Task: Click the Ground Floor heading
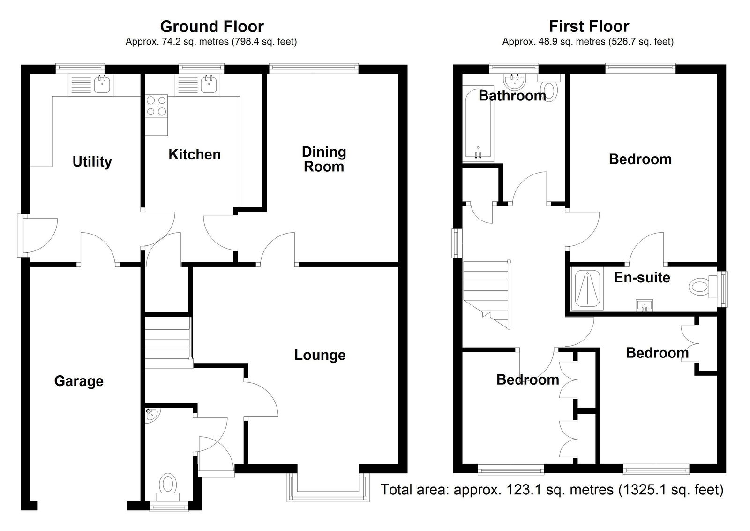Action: (x=212, y=26)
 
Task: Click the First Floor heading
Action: (x=589, y=26)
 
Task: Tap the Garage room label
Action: (x=79, y=381)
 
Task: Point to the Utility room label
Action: (x=92, y=162)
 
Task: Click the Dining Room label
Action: (x=324, y=159)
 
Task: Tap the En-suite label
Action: (x=642, y=278)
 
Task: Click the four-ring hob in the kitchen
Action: (x=157, y=106)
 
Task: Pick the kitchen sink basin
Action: (x=209, y=84)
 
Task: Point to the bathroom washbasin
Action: (x=515, y=81)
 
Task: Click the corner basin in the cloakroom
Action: (x=152, y=414)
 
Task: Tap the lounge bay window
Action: (x=329, y=487)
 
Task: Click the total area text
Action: (x=552, y=490)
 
